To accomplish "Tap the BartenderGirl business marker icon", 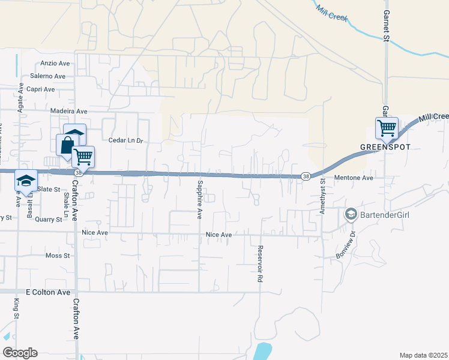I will click(x=350, y=214).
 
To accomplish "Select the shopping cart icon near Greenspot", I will click(x=387, y=127).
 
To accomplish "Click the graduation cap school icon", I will click(x=26, y=179).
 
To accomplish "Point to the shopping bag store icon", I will click(x=66, y=145).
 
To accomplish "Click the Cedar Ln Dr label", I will click(x=127, y=140).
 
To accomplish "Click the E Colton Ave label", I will click(x=48, y=292).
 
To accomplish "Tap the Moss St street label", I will click(x=58, y=256).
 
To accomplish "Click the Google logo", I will click(x=20, y=352).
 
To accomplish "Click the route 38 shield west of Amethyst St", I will click(x=306, y=176).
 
